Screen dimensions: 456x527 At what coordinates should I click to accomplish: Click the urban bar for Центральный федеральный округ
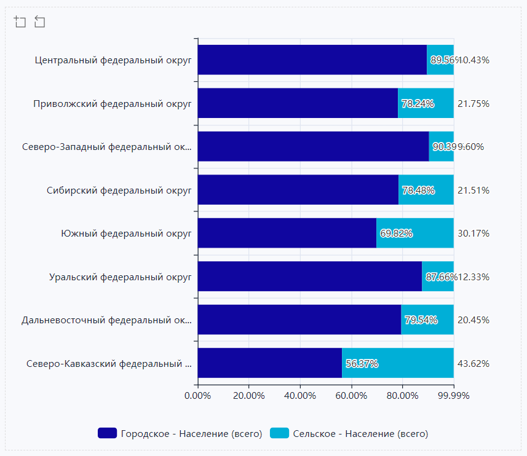point(312,60)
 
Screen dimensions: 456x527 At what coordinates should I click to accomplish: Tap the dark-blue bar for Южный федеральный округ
point(287,233)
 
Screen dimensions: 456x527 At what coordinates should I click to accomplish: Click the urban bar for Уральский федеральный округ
point(309,277)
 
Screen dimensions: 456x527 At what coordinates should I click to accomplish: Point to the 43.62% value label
point(474,363)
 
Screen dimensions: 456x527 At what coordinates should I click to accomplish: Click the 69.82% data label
point(396,234)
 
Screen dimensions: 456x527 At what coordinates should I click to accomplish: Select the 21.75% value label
point(474,104)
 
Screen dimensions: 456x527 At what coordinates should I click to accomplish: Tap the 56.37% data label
point(362,363)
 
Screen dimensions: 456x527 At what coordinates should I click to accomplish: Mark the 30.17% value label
point(474,234)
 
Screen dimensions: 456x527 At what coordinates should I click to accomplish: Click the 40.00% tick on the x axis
point(300,395)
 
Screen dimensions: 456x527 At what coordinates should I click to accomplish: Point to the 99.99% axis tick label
point(454,395)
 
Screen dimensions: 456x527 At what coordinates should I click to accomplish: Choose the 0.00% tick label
point(197,395)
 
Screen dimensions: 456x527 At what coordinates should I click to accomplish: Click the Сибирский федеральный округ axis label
point(119,191)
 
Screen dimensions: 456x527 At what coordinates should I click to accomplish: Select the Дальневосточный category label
point(106,320)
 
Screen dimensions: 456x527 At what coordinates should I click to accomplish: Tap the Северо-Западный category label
point(106,147)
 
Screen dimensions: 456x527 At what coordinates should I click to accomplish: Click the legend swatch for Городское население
point(107,433)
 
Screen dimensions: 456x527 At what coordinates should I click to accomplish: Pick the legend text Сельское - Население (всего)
point(360,434)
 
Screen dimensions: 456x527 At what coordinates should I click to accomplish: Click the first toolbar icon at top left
point(20,22)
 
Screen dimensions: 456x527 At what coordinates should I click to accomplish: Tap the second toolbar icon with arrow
point(40,22)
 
